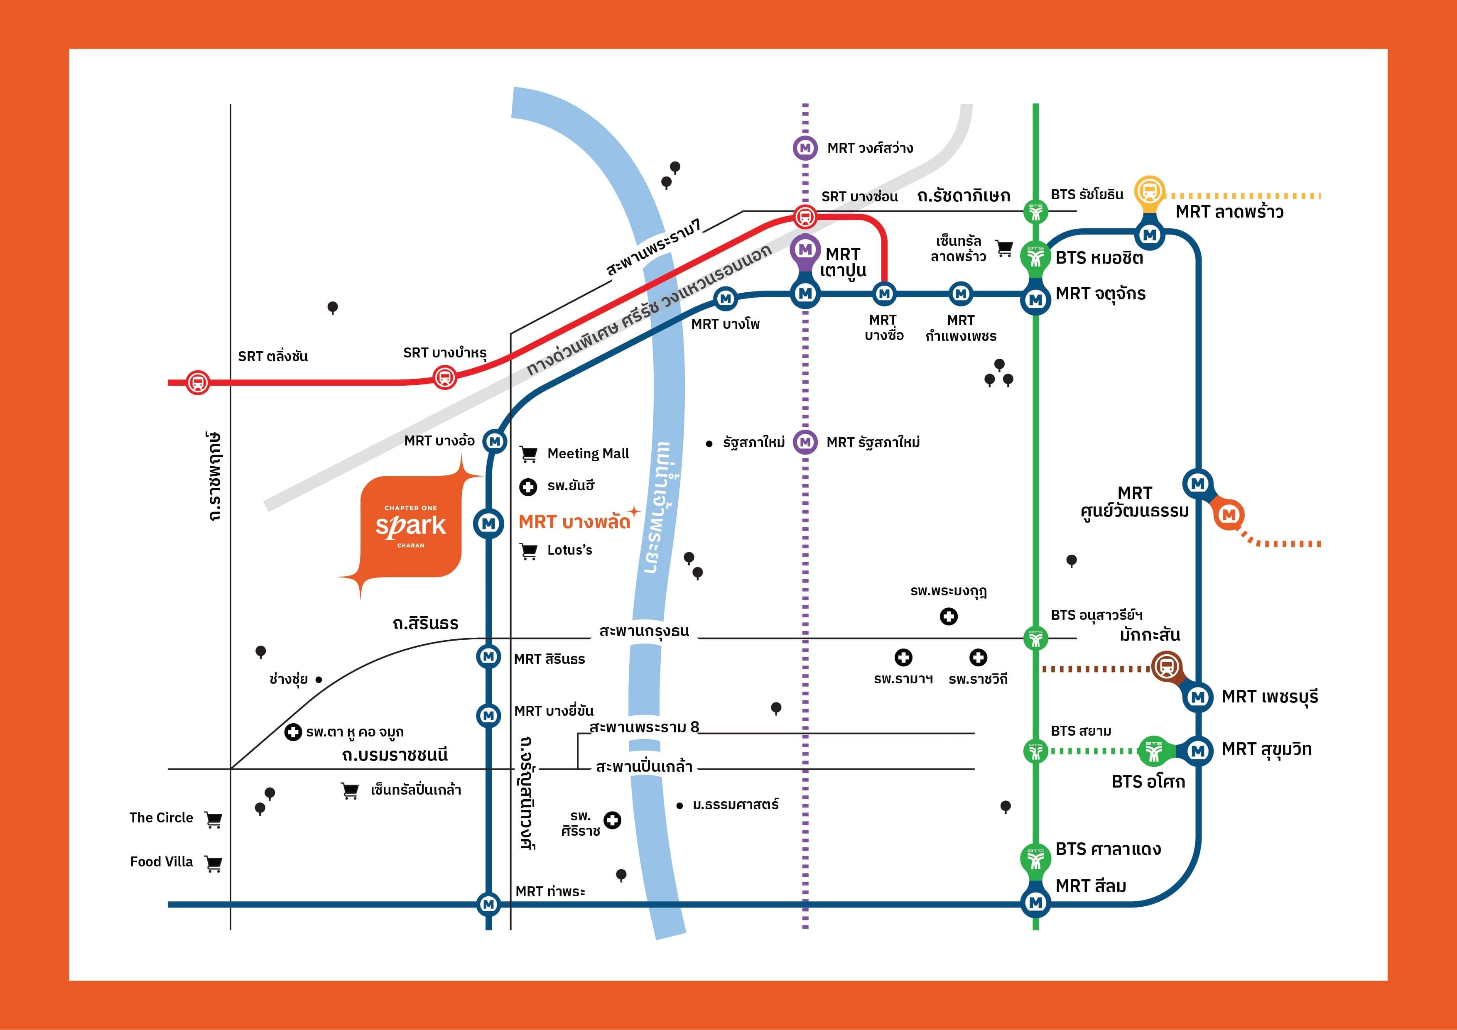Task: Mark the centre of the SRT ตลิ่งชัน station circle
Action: click(197, 382)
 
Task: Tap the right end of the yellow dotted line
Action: click(1320, 196)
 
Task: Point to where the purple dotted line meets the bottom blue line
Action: click(805, 905)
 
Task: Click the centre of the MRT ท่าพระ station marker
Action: click(488, 904)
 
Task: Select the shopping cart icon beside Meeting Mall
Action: click(528, 454)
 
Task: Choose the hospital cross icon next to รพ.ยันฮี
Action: click(528, 487)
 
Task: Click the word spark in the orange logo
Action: click(411, 526)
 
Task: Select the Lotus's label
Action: click(569, 550)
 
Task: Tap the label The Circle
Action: click(161, 817)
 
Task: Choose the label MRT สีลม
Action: click(1091, 886)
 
